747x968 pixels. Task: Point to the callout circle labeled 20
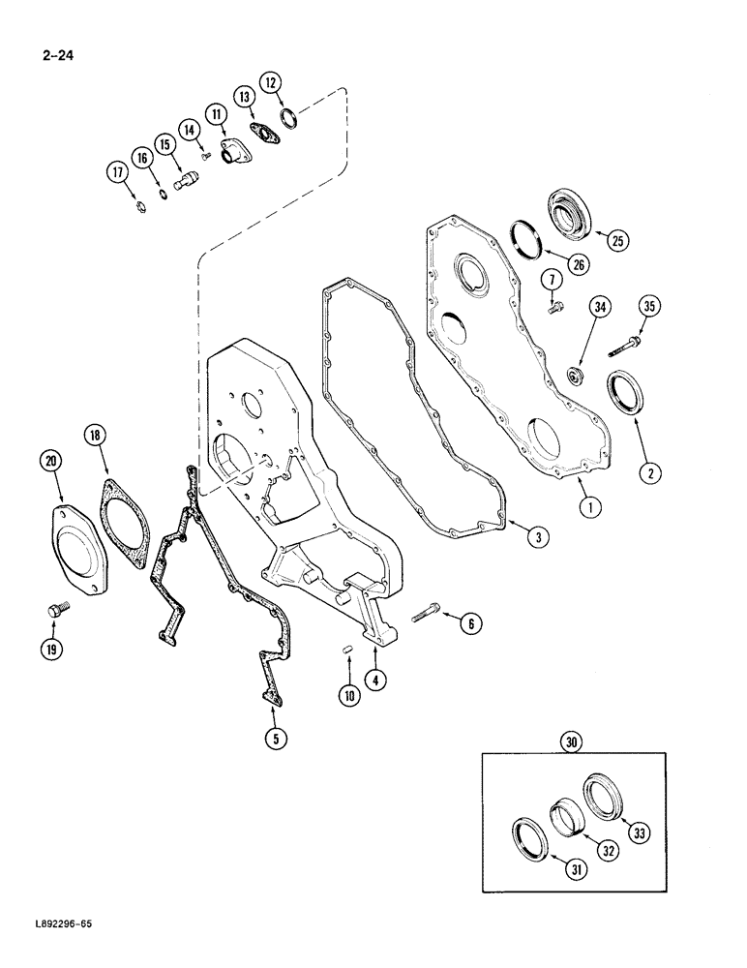(x=53, y=463)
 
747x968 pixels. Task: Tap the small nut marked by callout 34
(x=576, y=373)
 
